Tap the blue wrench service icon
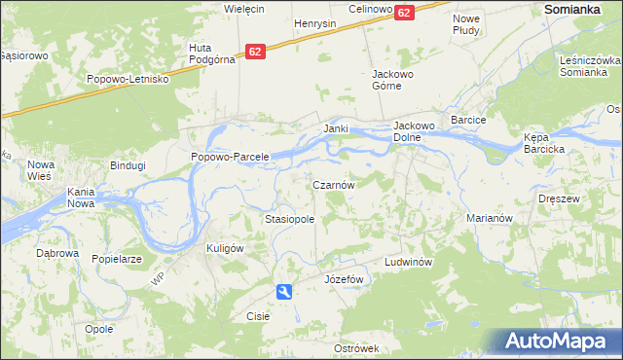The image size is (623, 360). (283, 291)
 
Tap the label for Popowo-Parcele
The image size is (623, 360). (229, 157)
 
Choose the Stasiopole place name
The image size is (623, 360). (289, 220)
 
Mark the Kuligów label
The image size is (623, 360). (224, 248)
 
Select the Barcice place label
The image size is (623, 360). (468, 120)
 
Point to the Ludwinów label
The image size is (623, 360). (407, 263)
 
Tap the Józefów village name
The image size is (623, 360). (343, 279)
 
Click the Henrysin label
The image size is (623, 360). (314, 22)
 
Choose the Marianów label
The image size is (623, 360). (489, 219)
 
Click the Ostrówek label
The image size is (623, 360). (355, 348)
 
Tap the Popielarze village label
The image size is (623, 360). (117, 260)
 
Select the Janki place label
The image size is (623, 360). (336, 128)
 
